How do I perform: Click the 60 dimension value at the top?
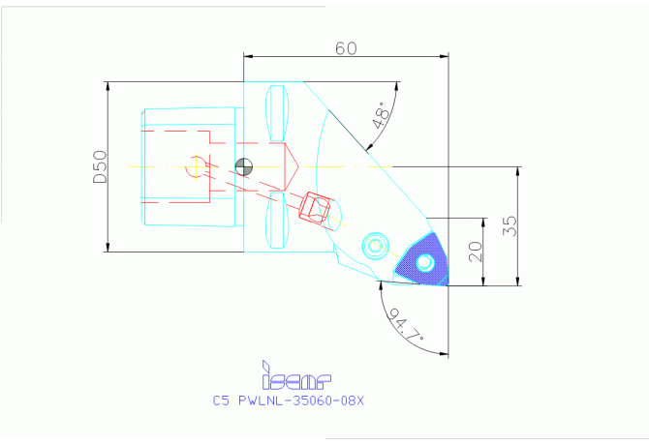pyautogui.click(x=346, y=47)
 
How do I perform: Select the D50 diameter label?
pyautogui.click(x=99, y=166)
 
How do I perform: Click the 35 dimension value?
pyautogui.click(x=510, y=225)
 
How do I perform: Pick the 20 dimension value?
pyautogui.click(x=475, y=252)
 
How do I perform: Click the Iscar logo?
pyautogui.click(x=296, y=373)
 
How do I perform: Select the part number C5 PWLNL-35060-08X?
pyautogui.click(x=293, y=399)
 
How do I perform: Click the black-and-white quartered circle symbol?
pyautogui.click(x=243, y=166)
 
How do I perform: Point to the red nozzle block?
pyautogui.click(x=316, y=207)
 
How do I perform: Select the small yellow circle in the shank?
pyautogui.click(x=197, y=166)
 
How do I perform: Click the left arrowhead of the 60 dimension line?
pyautogui.click(x=246, y=56)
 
